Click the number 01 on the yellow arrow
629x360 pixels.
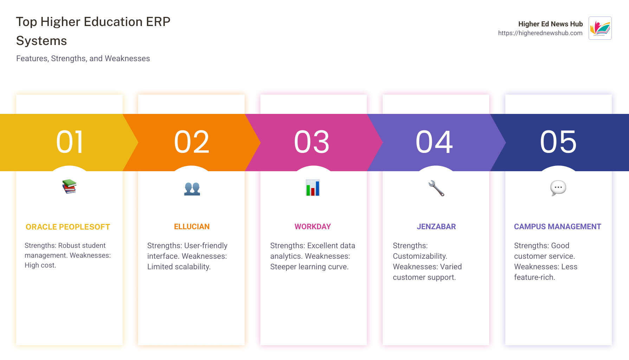point(70,142)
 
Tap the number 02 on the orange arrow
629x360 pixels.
point(192,142)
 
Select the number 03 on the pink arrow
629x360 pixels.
point(312,142)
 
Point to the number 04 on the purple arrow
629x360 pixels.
point(434,142)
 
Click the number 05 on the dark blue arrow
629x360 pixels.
point(558,142)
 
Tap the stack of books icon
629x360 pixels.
point(69,186)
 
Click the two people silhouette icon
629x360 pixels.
point(192,188)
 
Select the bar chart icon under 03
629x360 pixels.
point(312,188)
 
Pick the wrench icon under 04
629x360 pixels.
point(436,188)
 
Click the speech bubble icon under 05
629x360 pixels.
point(558,188)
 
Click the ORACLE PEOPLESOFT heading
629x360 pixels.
point(68,227)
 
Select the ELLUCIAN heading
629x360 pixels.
point(192,227)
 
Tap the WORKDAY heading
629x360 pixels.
point(312,227)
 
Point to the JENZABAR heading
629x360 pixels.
point(436,227)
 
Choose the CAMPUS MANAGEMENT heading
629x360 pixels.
point(557,227)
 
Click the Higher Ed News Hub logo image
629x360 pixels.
point(600,28)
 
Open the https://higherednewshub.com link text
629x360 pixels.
point(540,33)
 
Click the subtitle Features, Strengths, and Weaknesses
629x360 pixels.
point(83,58)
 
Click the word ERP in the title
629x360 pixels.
point(158,22)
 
